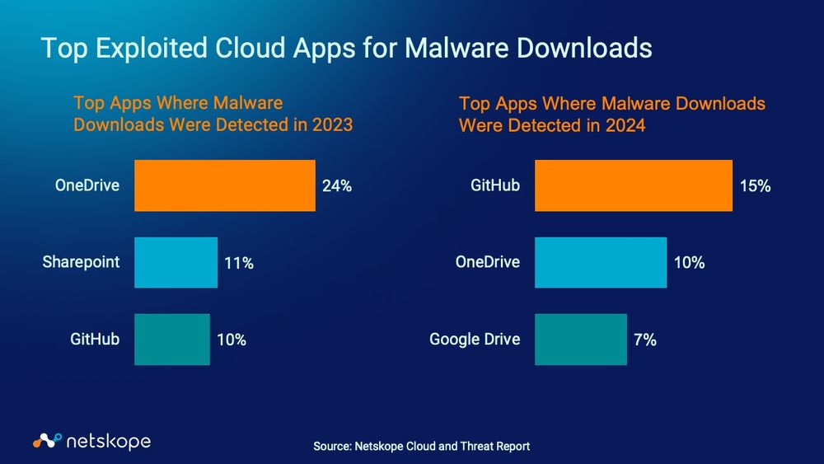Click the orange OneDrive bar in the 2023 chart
click(x=224, y=185)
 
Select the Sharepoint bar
click(x=176, y=263)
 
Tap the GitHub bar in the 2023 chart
click(x=171, y=339)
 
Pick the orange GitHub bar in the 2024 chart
click(x=633, y=185)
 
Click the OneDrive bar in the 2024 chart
click(x=600, y=263)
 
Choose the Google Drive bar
click(x=580, y=339)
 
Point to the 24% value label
click(x=337, y=186)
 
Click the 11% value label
click(x=239, y=264)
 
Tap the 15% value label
click(x=755, y=186)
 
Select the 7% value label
click(x=645, y=340)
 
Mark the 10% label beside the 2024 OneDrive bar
click(x=689, y=264)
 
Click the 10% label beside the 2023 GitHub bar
click(x=231, y=340)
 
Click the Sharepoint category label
click(x=81, y=262)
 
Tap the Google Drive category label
click(x=475, y=339)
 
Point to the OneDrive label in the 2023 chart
click(x=87, y=185)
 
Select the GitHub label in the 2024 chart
click(x=495, y=185)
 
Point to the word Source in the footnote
click(x=332, y=446)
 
